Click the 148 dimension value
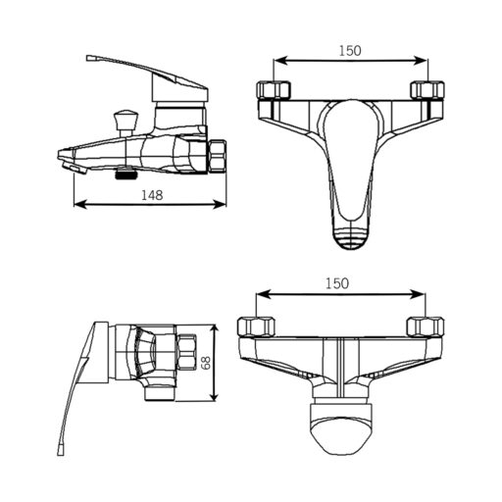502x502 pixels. pyautogui.click(x=152, y=195)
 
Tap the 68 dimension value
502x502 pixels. pyautogui.click(x=206, y=363)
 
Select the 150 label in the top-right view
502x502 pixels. pyautogui.click(x=350, y=51)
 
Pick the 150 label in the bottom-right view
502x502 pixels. pyautogui.click(x=337, y=283)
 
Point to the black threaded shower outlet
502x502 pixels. pyautogui.click(x=125, y=173)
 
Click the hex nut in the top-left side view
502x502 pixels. pyautogui.click(x=218, y=156)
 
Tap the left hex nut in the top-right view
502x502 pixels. pyautogui.click(x=274, y=90)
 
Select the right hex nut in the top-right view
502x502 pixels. pyautogui.click(x=427, y=90)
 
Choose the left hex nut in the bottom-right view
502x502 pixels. pyautogui.click(x=256, y=326)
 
